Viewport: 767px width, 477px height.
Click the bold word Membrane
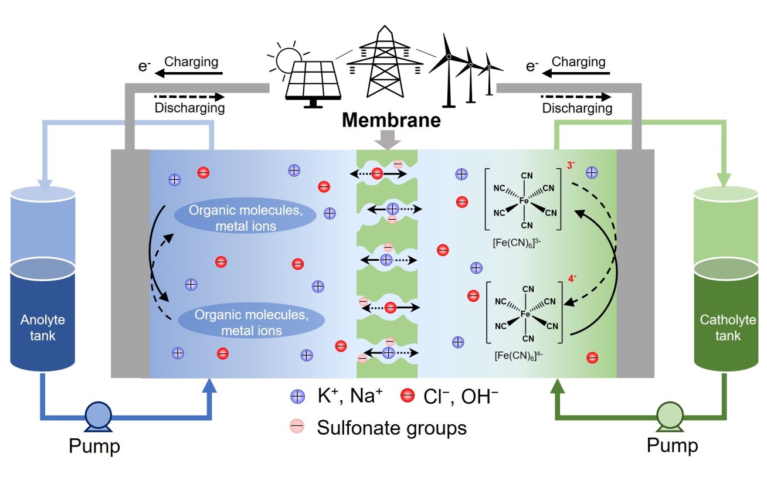click(x=392, y=121)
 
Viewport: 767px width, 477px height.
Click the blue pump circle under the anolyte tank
click(x=94, y=415)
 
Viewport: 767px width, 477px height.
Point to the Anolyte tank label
click(x=43, y=328)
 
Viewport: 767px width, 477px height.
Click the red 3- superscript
click(x=570, y=166)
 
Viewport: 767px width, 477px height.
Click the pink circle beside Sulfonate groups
click(x=298, y=427)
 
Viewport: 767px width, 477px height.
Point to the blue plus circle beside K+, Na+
click(x=298, y=397)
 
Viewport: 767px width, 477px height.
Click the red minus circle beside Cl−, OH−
click(x=408, y=397)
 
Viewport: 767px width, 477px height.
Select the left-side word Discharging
click(x=189, y=108)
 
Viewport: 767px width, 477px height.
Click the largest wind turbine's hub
click(x=448, y=57)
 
